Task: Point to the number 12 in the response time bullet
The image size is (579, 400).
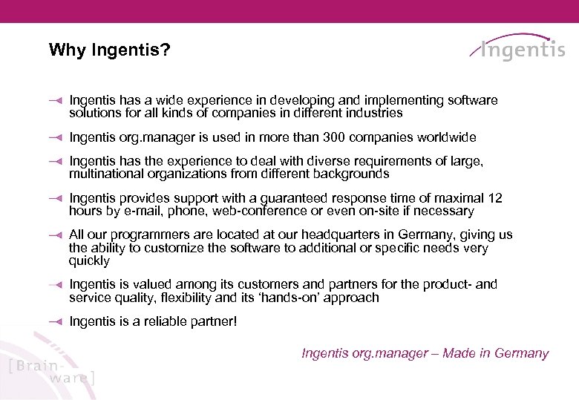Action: [494, 198]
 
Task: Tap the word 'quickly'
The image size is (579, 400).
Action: [89, 261]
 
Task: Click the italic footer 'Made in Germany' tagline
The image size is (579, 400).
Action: [496, 353]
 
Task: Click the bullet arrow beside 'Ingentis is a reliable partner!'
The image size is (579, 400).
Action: [53, 322]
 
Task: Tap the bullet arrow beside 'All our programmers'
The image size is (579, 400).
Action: [53, 235]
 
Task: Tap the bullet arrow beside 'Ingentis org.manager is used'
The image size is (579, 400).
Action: [53, 138]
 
